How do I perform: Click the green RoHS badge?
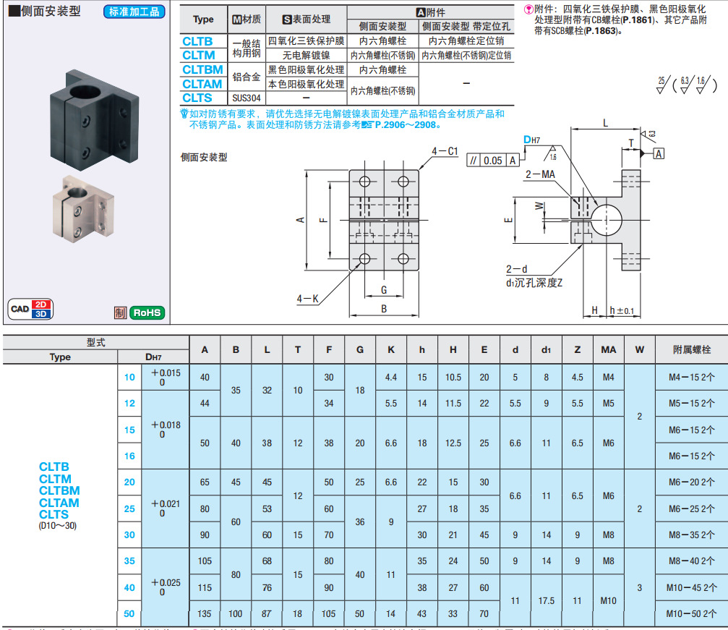[x=147, y=312]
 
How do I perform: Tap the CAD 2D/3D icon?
[x=31, y=309]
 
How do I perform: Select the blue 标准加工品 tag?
[x=134, y=12]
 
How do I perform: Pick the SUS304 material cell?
[x=245, y=98]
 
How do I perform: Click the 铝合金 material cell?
[x=246, y=77]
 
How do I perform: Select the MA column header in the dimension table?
[x=608, y=349]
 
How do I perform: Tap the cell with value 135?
[x=205, y=613]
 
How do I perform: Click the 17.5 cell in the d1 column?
[x=546, y=600]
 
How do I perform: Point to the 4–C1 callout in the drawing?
[x=445, y=151]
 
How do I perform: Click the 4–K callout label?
[x=307, y=298]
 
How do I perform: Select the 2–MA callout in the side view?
[x=540, y=174]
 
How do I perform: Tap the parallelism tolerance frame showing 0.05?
[x=493, y=161]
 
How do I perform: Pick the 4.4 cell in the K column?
[x=391, y=377]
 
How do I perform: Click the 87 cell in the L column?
[x=267, y=613]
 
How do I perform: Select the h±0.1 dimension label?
[x=622, y=310]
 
